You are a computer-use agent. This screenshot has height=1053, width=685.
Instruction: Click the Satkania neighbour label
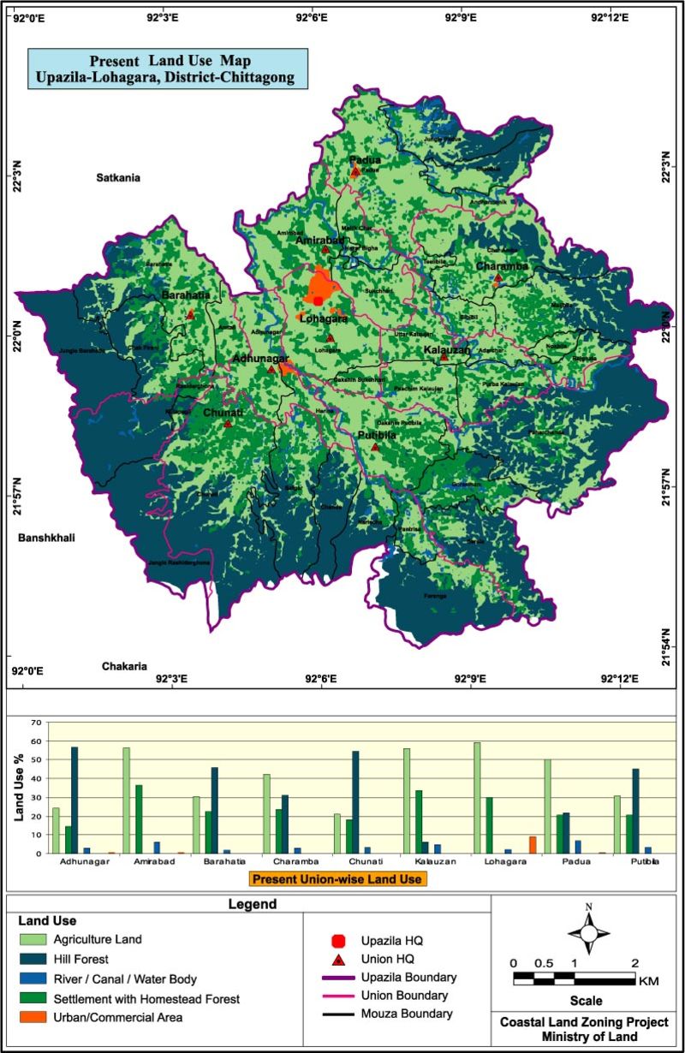[117, 178]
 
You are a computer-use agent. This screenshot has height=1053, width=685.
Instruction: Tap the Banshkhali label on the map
[47, 538]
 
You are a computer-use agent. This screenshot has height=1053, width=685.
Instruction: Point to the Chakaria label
[125, 665]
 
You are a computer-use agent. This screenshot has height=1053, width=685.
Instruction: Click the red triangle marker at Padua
[355, 172]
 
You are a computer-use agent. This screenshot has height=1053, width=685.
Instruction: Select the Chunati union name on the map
[223, 413]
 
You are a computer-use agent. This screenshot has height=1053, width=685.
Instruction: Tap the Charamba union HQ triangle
[497, 277]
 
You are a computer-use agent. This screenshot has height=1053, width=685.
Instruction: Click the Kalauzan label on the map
[447, 350]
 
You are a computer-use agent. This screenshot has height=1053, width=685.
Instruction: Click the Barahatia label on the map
[186, 295]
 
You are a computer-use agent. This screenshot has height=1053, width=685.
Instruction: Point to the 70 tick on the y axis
[36, 723]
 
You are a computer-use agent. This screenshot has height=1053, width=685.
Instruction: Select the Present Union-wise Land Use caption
[338, 878]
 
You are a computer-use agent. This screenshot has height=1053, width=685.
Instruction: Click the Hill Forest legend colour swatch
[31, 959]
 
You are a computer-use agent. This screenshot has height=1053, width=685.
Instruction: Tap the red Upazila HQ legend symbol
[338, 941]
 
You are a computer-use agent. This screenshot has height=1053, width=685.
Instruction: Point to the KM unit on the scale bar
[649, 981]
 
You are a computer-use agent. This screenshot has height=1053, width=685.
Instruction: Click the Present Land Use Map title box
[167, 69]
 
